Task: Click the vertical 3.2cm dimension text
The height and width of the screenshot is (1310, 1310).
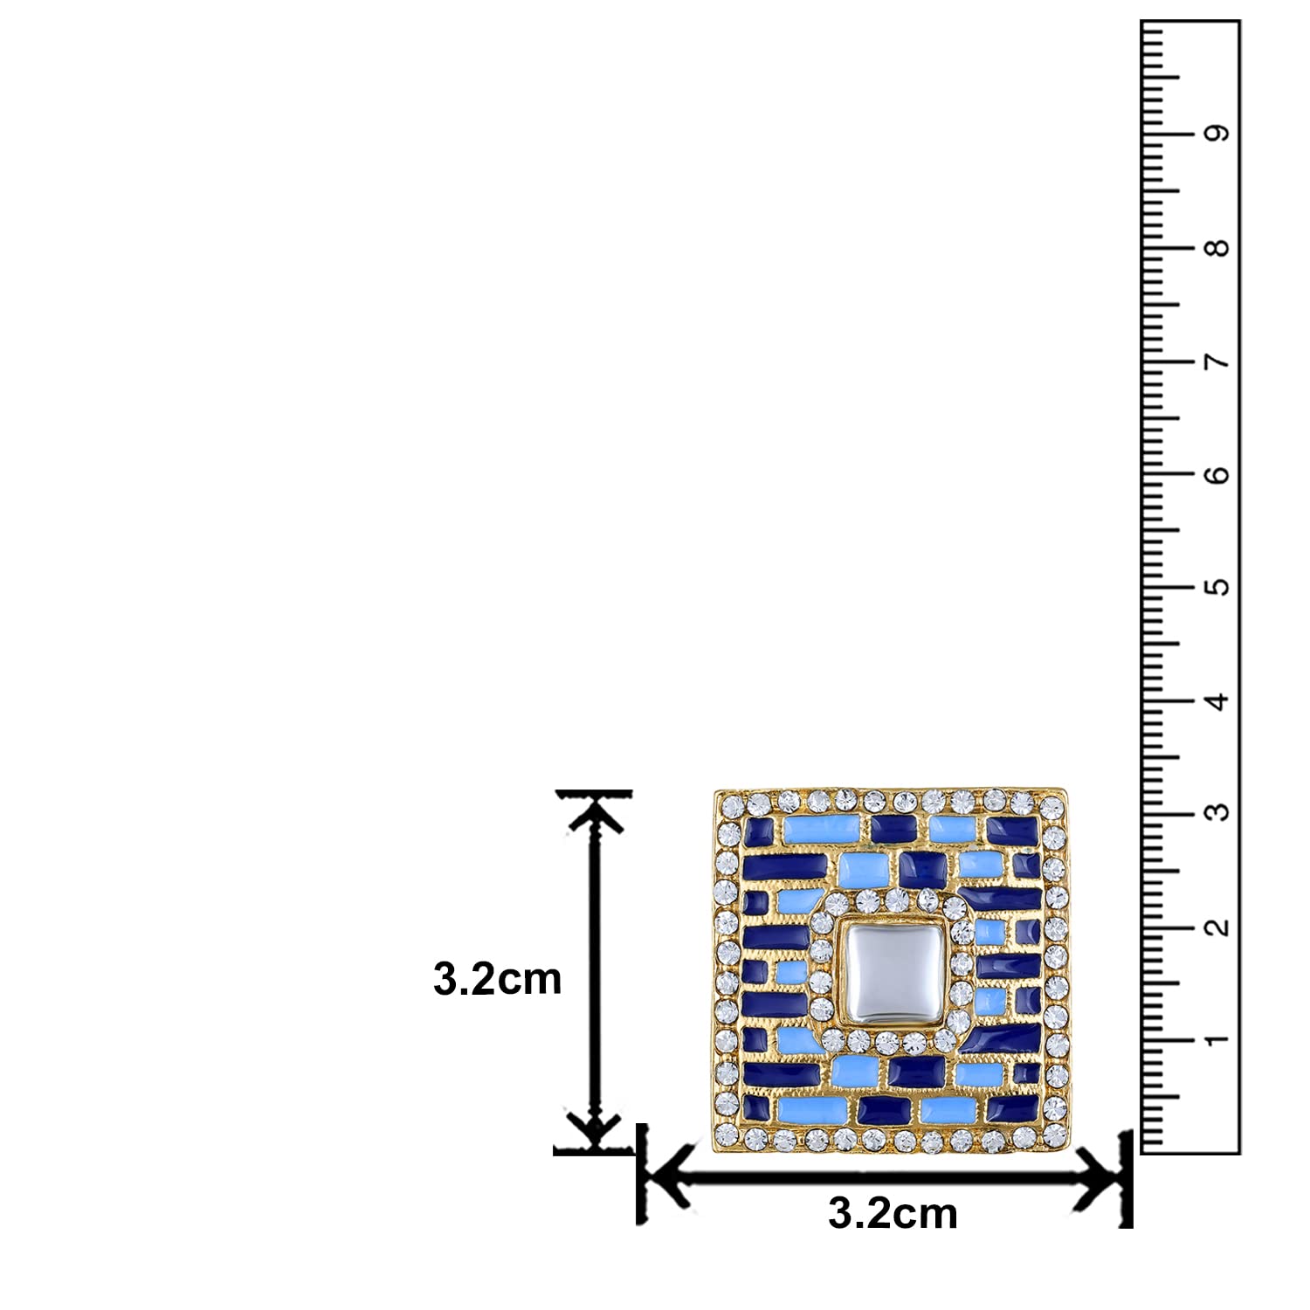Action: [x=498, y=979]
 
